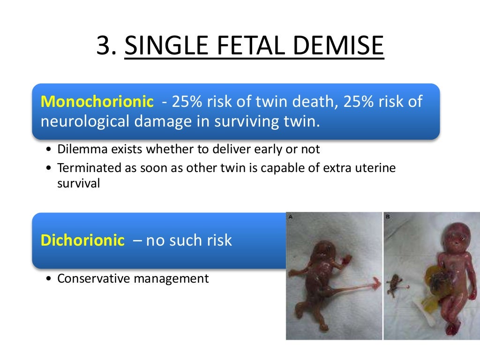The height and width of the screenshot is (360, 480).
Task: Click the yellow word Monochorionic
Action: click(x=97, y=101)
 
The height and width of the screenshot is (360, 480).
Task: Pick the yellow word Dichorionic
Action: click(x=82, y=240)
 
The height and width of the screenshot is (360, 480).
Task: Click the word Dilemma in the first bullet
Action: click(x=78, y=150)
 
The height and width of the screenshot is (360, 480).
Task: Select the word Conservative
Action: click(x=93, y=279)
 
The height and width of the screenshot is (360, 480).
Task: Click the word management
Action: click(x=171, y=279)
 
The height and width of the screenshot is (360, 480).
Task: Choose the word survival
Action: click(x=78, y=183)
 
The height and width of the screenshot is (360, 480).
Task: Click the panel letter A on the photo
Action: click(x=291, y=217)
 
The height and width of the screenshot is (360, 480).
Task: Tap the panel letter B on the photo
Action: click(x=387, y=217)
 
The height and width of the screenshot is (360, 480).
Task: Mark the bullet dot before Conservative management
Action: click(x=50, y=279)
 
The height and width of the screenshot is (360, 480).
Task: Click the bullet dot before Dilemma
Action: click(x=50, y=150)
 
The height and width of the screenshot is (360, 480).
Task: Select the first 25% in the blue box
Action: click(x=187, y=101)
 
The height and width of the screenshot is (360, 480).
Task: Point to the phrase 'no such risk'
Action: click(x=189, y=240)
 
